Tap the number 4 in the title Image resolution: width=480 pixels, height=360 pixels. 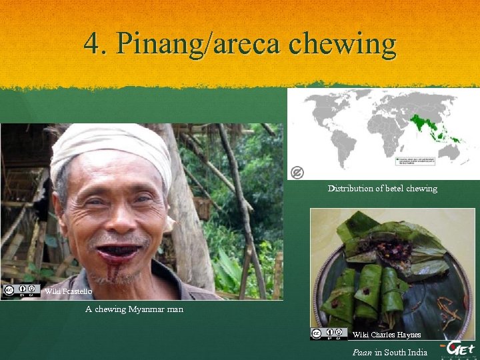point(93,44)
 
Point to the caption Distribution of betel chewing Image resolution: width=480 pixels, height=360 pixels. point(382,189)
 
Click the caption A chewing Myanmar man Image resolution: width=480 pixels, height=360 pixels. point(134,309)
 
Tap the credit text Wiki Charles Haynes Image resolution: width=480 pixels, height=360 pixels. point(387,335)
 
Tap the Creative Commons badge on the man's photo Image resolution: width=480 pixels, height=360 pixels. point(21,291)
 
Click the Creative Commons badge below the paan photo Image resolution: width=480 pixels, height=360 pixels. point(329,333)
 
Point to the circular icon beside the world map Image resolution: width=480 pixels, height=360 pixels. point(297,173)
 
